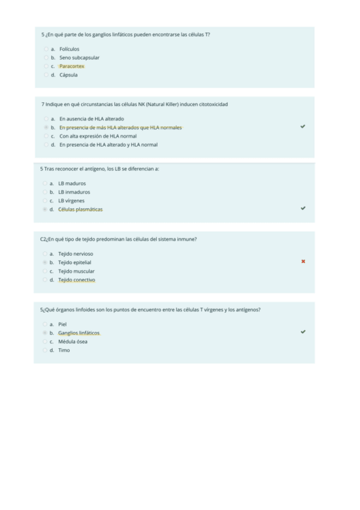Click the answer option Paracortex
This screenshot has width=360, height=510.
(72, 66)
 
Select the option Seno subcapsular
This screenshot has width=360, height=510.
(79, 58)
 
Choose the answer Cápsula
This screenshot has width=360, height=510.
(68, 75)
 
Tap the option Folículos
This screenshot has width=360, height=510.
(69, 49)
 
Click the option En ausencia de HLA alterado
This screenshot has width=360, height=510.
(91, 119)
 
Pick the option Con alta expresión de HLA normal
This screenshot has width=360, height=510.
(97, 136)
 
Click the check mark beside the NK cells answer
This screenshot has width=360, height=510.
(302, 127)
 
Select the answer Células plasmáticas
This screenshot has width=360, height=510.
(80, 209)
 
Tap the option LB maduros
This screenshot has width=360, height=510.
(72, 183)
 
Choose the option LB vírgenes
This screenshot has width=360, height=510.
(71, 201)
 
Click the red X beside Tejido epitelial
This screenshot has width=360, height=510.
(302, 262)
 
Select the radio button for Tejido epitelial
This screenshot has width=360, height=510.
(45, 263)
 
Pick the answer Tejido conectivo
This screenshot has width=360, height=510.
(76, 280)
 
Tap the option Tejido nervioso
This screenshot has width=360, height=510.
(75, 254)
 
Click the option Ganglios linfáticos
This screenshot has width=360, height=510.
(79, 333)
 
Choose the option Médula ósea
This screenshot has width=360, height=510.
(72, 342)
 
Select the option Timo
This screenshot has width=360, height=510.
(64, 350)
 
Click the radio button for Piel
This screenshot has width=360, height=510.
(45, 324)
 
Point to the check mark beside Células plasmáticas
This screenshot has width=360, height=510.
(302, 208)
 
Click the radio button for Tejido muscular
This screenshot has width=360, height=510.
(45, 271)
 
